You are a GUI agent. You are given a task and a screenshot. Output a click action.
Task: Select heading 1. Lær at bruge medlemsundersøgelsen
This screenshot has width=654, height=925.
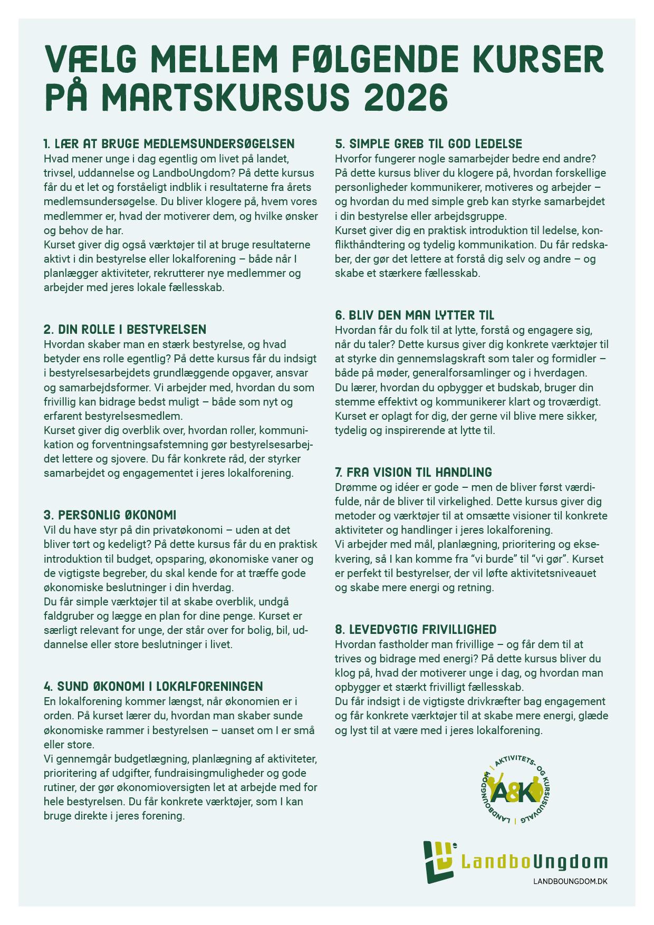tap(169, 143)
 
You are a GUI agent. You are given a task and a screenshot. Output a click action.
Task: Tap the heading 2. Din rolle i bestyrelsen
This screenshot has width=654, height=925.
tap(125, 330)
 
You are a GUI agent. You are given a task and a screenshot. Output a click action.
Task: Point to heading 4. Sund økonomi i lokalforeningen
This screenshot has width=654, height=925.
tap(153, 686)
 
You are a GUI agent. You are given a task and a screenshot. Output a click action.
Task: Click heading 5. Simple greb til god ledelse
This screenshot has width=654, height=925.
tap(428, 143)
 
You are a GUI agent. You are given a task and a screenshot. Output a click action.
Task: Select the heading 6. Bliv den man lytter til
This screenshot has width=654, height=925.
tap(415, 315)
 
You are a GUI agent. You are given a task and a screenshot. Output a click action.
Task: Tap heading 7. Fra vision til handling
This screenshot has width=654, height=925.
tap(413, 472)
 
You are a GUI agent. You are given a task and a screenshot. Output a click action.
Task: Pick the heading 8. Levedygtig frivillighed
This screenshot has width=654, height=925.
tap(416, 629)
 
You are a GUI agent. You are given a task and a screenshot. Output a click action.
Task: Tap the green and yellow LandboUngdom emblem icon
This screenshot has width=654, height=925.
tap(439, 861)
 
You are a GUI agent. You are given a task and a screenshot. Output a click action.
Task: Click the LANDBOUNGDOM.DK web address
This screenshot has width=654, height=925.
tap(570, 882)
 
